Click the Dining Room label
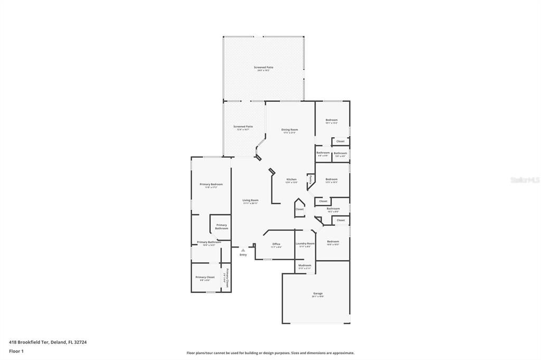tap(290, 130)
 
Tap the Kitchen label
tap(292, 179)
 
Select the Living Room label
tap(250, 200)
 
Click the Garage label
tap(318, 293)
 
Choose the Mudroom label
tap(305, 266)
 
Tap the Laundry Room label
tap(305, 243)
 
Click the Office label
tap(276, 244)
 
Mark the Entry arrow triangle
tap(243, 250)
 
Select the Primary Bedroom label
tap(211, 184)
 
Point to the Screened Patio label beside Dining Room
tap(243, 127)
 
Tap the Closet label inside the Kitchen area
tap(300, 209)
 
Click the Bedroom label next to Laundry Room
tap(333, 242)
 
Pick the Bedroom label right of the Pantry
tap(331, 179)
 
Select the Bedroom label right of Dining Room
tap(331, 120)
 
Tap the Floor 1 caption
tap(16, 351)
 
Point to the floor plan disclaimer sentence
tap(270, 353)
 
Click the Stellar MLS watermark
tap(525, 180)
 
